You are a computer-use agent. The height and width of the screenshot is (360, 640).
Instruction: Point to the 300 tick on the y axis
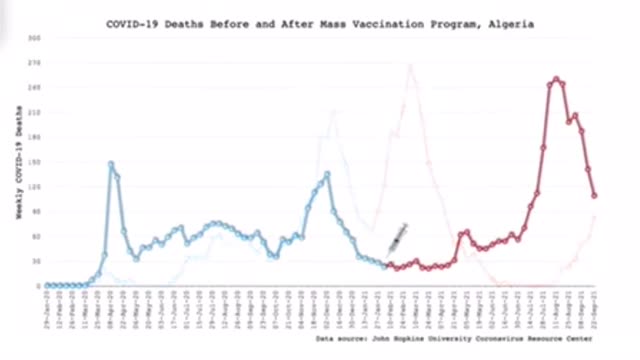tap(34, 38)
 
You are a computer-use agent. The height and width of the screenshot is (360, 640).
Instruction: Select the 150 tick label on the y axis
tap(34, 162)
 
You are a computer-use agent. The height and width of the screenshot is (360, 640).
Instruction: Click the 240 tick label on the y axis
tap(34, 87)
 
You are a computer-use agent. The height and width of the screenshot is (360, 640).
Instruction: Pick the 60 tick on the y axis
tap(35, 236)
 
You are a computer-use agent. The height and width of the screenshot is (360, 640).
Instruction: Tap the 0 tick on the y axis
tap(37, 286)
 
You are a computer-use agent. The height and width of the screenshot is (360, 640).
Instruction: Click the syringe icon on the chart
tap(395, 238)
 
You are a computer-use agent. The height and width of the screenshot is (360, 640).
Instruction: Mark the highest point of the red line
tap(555, 79)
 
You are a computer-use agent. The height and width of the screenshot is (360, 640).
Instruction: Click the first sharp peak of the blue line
tap(111, 164)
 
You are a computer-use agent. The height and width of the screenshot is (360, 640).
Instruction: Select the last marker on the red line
tap(595, 196)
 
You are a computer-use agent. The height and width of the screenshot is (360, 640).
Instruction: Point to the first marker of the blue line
tap(46, 285)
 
